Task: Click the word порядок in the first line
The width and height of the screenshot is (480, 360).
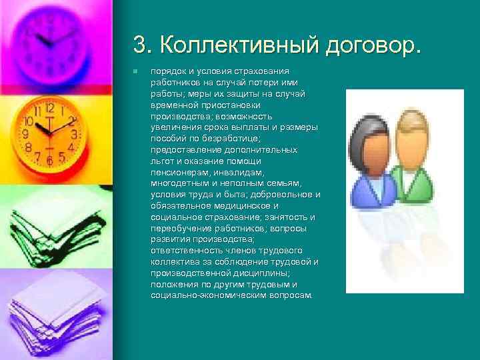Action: coord(169,71)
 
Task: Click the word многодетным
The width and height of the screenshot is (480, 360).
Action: coord(179,183)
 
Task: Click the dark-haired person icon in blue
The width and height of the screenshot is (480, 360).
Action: coord(373,167)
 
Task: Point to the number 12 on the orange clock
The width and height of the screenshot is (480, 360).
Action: coord(49,107)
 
